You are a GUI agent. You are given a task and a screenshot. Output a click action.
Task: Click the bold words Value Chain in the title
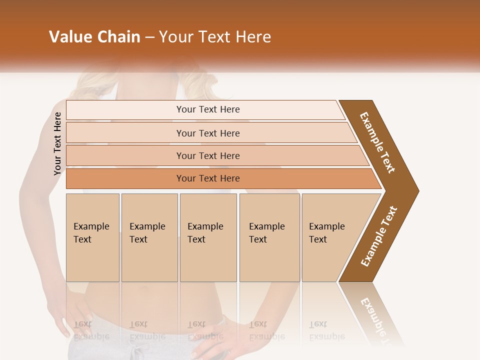click(x=94, y=37)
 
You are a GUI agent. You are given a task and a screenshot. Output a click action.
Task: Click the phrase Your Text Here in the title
click(x=215, y=37)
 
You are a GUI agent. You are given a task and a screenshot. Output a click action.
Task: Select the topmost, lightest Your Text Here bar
click(x=207, y=109)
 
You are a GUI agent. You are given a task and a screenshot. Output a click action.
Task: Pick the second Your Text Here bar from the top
click(x=207, y=133)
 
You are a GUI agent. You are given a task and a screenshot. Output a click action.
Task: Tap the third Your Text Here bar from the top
click(x=207, y=155)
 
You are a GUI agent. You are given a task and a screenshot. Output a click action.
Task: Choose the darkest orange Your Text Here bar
click(x=207, y=178)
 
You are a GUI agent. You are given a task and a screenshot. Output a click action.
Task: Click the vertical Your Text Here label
click(x=57, y=143)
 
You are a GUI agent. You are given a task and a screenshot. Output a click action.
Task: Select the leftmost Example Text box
click(x=92, y=237)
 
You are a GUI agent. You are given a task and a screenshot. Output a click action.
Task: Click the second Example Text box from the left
click(x=149, y=237)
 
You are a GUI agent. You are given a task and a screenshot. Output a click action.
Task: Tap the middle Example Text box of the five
click(x=208, y=237)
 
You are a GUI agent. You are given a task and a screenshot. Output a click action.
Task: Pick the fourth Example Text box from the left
click(x=269, y=237)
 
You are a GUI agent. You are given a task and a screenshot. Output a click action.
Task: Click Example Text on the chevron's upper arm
click(x=377, y=142)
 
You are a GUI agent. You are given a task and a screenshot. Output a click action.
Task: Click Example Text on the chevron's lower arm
click(x=378, y=236)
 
